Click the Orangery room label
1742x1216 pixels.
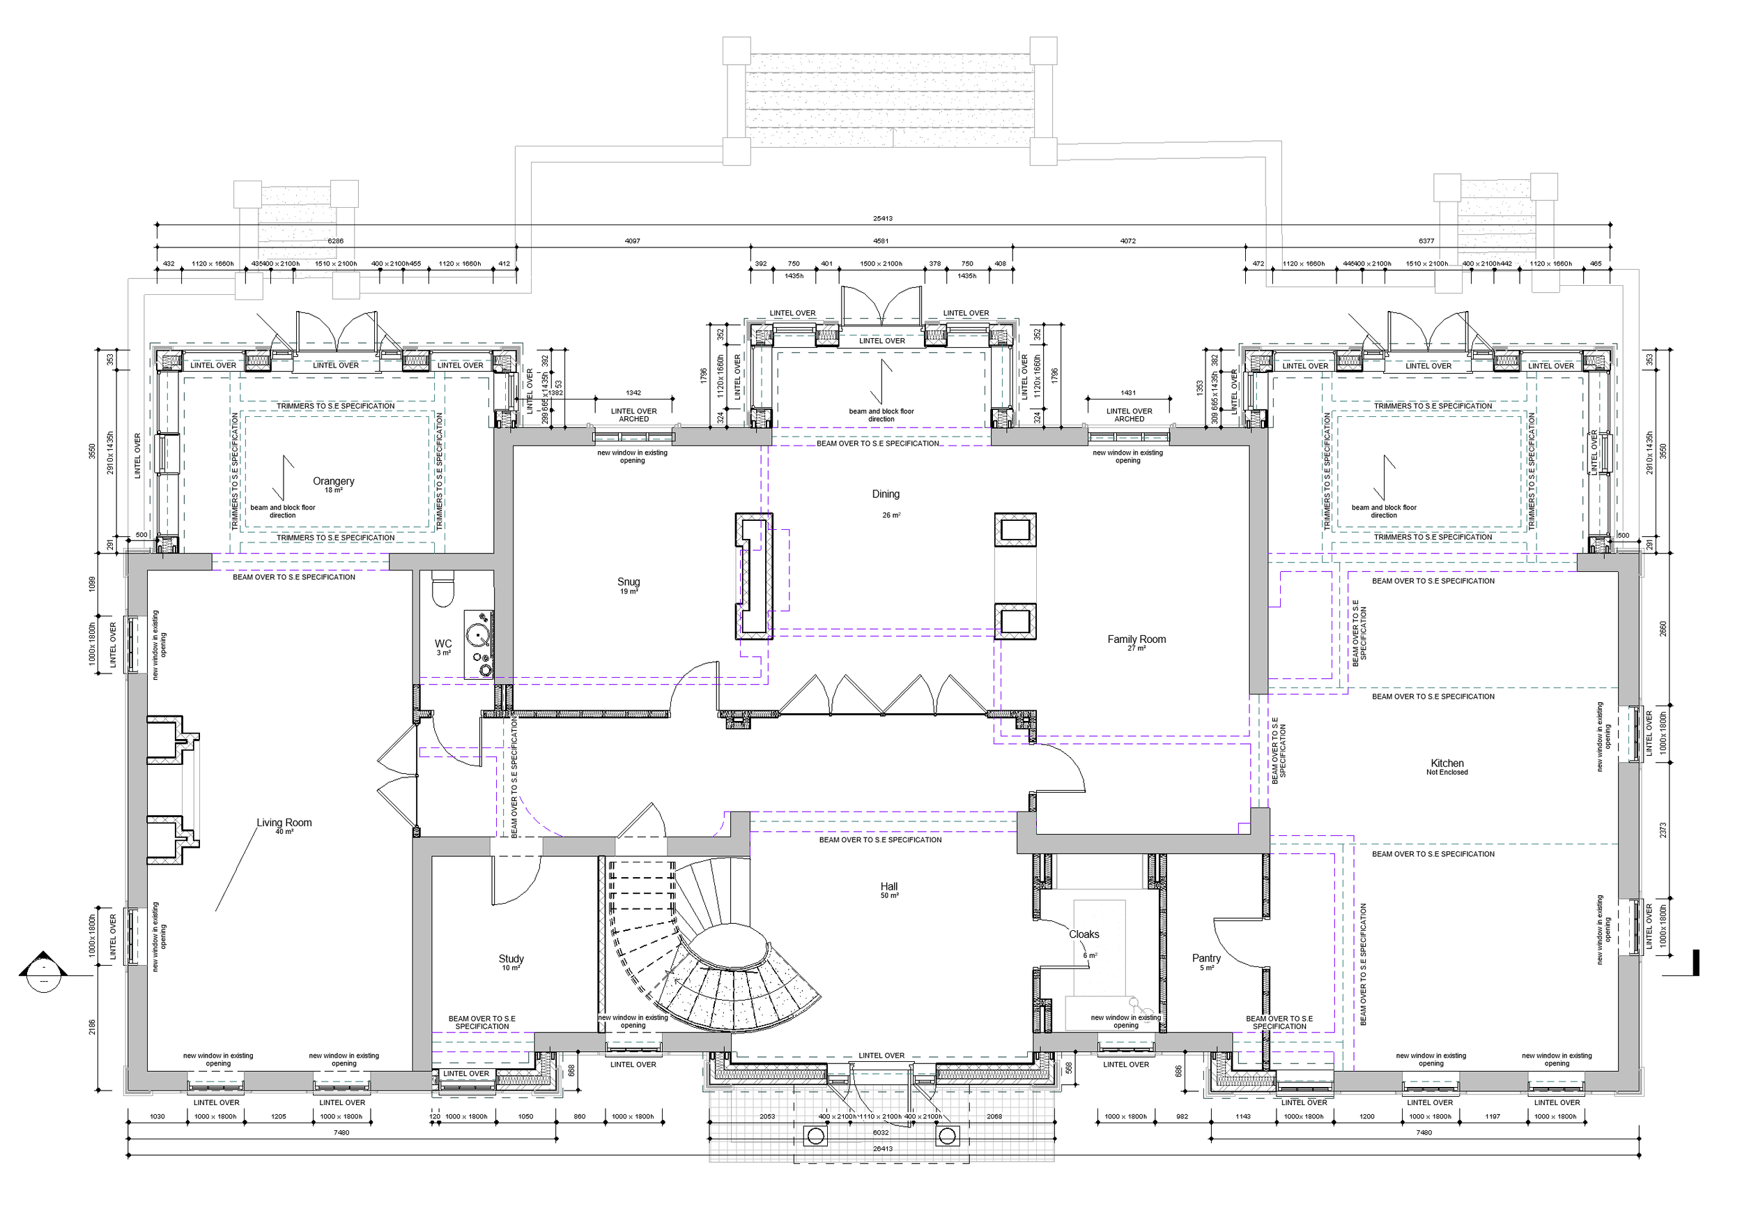tap(333, 481)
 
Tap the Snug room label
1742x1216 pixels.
tap(629, 582)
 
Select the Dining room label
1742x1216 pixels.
tap(886, 494)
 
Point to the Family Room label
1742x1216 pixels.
tap(1136, 639)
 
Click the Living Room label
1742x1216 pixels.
tap(284, 823)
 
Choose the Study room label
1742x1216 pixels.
tap(511, 959)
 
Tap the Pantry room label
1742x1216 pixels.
tap(1205, 958)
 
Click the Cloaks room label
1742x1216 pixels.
tap(1084, 934)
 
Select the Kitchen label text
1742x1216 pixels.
tap(1446, 763)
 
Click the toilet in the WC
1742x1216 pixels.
tap(442, 589)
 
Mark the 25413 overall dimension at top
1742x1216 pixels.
tap(882, 219)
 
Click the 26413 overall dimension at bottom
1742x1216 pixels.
tap(882, 1148)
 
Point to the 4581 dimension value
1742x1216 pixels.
tap(880, 241)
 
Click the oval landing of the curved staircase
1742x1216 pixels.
tap(733, 945)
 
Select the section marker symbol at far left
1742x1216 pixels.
tap(43, 973)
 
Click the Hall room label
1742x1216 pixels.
tap(888, 887)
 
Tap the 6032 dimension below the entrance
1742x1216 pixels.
tap(880, 1132)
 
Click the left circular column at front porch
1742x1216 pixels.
tap(816, 1137)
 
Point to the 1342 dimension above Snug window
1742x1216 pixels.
tap(633, 393)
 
